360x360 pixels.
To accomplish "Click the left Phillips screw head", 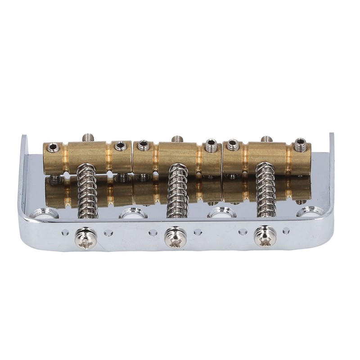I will (85, 238).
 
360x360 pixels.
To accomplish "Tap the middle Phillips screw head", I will (175, 237).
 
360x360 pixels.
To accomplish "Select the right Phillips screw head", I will (265, 237).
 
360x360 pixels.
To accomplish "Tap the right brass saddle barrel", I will (267, 155).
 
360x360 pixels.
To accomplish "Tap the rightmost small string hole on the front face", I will (286, 231).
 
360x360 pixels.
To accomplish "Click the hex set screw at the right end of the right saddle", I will (300, 145).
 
